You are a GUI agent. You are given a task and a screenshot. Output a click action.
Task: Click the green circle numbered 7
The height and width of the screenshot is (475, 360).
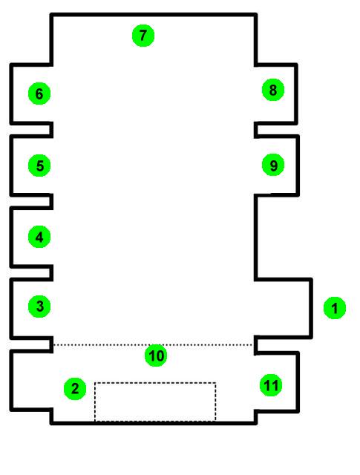coord(143,36)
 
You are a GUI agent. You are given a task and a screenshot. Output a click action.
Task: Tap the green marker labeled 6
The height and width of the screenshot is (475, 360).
coord(39,94)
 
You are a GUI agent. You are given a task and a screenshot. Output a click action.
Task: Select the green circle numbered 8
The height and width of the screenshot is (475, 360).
coord(273,90)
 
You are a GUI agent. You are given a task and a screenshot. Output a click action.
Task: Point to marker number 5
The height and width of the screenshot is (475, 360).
coord(39,166)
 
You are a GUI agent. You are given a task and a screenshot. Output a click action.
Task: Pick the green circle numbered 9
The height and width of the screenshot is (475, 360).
coord(273,165)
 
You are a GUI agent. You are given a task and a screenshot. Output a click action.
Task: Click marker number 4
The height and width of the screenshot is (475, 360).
coord(39,237)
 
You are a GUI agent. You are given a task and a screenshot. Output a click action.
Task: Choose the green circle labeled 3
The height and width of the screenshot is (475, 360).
coord(39,307)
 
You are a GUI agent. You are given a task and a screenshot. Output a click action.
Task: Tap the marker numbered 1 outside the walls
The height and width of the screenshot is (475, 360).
coord(335,308)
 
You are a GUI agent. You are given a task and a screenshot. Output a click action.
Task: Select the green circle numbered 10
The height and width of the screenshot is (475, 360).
coord(156,356)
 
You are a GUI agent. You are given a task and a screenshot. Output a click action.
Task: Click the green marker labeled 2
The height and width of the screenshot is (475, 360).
coord(75,389)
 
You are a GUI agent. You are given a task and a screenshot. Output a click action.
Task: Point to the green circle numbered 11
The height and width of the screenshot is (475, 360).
coord(271,385)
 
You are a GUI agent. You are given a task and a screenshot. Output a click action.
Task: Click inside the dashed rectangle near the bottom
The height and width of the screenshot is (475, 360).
coord(155,402)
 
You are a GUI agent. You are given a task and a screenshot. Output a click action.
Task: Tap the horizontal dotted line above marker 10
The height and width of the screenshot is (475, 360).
coord(153,344)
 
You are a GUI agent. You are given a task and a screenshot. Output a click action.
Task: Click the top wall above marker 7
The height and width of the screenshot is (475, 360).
coord(154,15)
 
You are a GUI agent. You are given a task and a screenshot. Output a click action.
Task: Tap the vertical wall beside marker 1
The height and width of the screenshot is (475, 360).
coord(311,308)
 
